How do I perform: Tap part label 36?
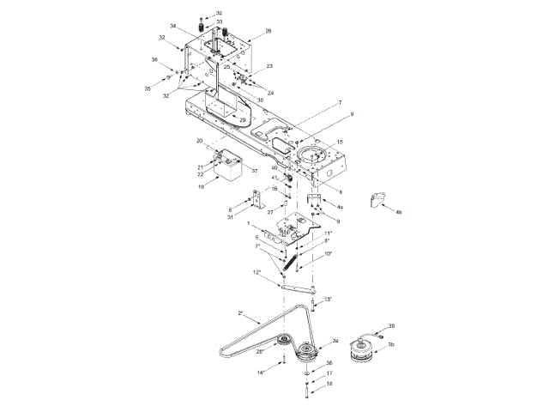tap(155, 60)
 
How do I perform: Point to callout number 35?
tap(148, 88)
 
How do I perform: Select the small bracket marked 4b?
tap(375, 200)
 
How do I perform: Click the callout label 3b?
tap(391, 343)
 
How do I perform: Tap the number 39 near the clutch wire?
tap(391, 327)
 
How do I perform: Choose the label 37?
tap(254, 171)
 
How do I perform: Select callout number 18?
tap(329, 385)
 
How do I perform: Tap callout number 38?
tap(329, 363)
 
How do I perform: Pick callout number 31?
tap(231, 217)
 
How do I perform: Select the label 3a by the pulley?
tap(335, 340)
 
